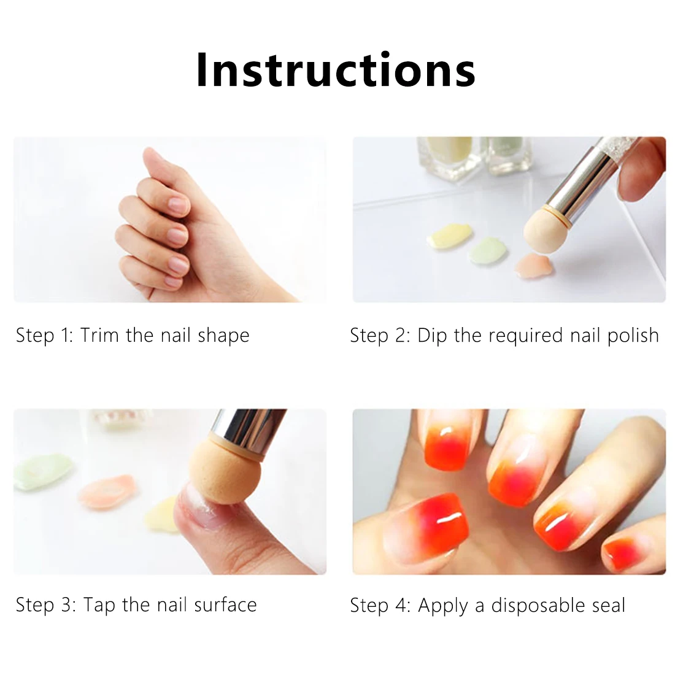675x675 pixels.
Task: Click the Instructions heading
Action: click(336, 70)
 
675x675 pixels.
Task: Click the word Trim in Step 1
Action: click(99, 335)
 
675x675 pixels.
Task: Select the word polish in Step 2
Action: click(633, 336)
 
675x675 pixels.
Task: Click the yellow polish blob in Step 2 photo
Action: click(449, 236)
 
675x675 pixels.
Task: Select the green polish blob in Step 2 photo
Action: click(488, 250)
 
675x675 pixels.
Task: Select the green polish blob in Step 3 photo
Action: click(42, 472)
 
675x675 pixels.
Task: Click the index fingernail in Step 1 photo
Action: click(177, 204)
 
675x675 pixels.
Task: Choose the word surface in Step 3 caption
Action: click(225, 605)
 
